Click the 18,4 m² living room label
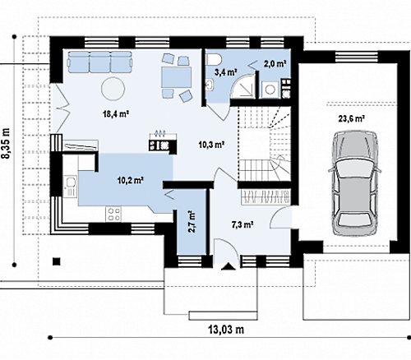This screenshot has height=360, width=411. (x=116, y=113)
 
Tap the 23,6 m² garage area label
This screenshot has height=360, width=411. (x=352, y=119)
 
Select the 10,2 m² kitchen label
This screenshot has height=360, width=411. (x=131, y=180)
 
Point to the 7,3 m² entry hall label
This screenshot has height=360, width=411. (x=242, y=224)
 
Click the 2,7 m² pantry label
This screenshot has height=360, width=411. (x=192, y=221)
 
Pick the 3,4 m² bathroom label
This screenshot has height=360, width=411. (x=225, y=72)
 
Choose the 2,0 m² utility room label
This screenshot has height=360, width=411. (x=275, y=64)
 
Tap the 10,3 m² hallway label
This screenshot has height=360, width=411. (x=212, y=144)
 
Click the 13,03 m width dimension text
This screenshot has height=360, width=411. (x=226, y=330)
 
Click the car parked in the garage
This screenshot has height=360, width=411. (x=354, y=183)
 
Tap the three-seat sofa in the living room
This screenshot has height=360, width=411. (x=100, y=62)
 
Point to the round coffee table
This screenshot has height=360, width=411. (x=113, y=89)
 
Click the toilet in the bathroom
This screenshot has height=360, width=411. (x=214, y=59)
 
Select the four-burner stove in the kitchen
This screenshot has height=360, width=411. (x=113, y=214)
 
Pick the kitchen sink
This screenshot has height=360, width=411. (x=71, y=187)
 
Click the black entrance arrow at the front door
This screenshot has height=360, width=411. (x=229, y=266)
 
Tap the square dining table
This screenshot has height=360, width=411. (x=176, y=77)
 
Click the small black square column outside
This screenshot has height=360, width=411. (x=57, y=261)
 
